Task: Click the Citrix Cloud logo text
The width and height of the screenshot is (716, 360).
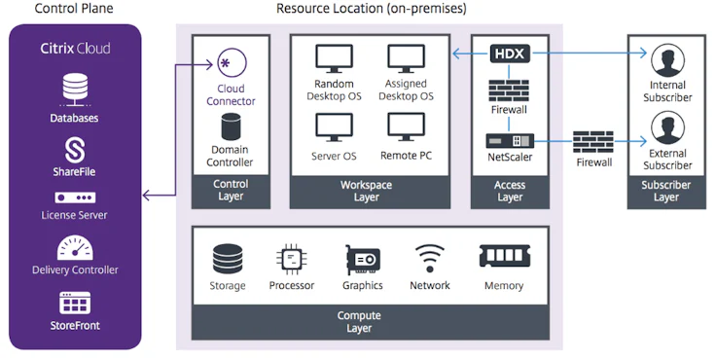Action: pos(75,48)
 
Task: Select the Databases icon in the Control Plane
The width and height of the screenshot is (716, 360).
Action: pos(75,90)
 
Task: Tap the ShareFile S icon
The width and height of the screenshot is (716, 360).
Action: pos(75,149)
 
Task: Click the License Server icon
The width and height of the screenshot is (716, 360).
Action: pos(75,198)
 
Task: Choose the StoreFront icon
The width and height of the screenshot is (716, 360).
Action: pos(75,302)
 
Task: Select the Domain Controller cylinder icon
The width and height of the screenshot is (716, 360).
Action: pos(231,126)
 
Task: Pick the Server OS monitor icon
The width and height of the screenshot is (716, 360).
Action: pos(334,127)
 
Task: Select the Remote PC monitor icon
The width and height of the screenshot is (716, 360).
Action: pos(406,127)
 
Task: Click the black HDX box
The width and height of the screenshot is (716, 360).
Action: pos(510,54)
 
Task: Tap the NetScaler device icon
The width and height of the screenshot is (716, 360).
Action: pos(510,140)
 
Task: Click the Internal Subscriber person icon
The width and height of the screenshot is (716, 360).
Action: pos(667,63)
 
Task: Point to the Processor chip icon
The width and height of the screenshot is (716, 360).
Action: pos(292,259)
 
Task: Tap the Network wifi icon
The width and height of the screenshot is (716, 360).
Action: pos(429,259)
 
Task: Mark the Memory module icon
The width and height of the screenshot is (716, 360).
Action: pos(504,257)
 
